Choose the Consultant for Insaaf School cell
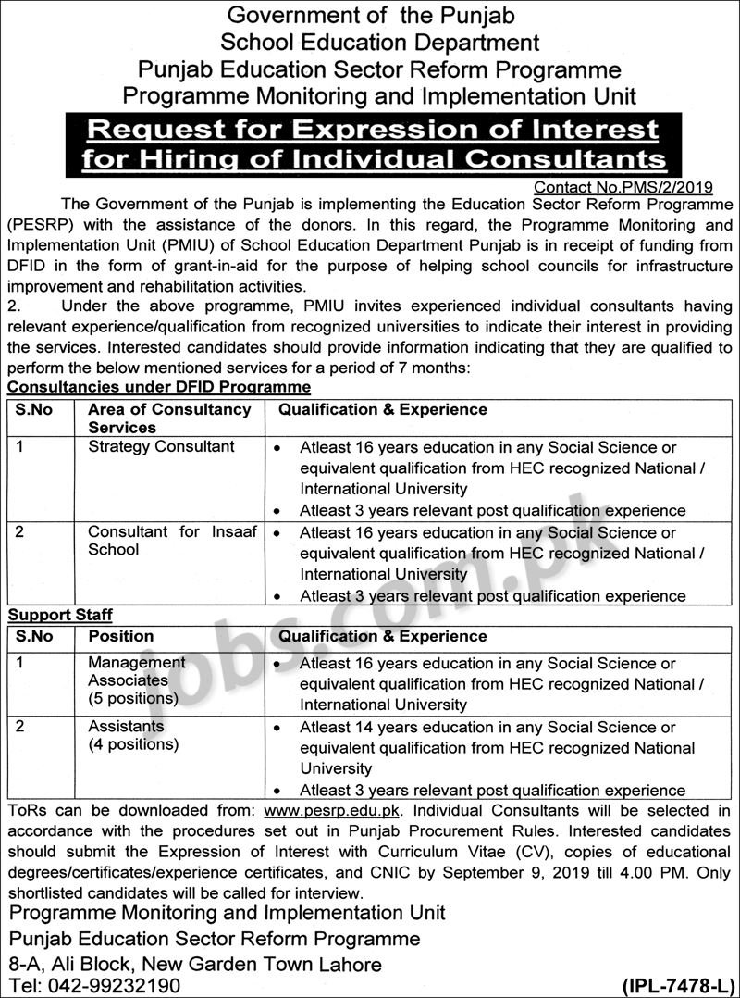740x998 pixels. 172,541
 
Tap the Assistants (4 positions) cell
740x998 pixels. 133,735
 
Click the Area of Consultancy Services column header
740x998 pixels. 169,418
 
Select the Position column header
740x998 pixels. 120,636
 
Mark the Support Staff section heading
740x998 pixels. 61,615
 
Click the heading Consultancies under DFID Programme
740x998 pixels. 159,387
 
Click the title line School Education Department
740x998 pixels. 380,42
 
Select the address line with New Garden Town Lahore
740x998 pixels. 194,963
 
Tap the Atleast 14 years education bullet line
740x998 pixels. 487,727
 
